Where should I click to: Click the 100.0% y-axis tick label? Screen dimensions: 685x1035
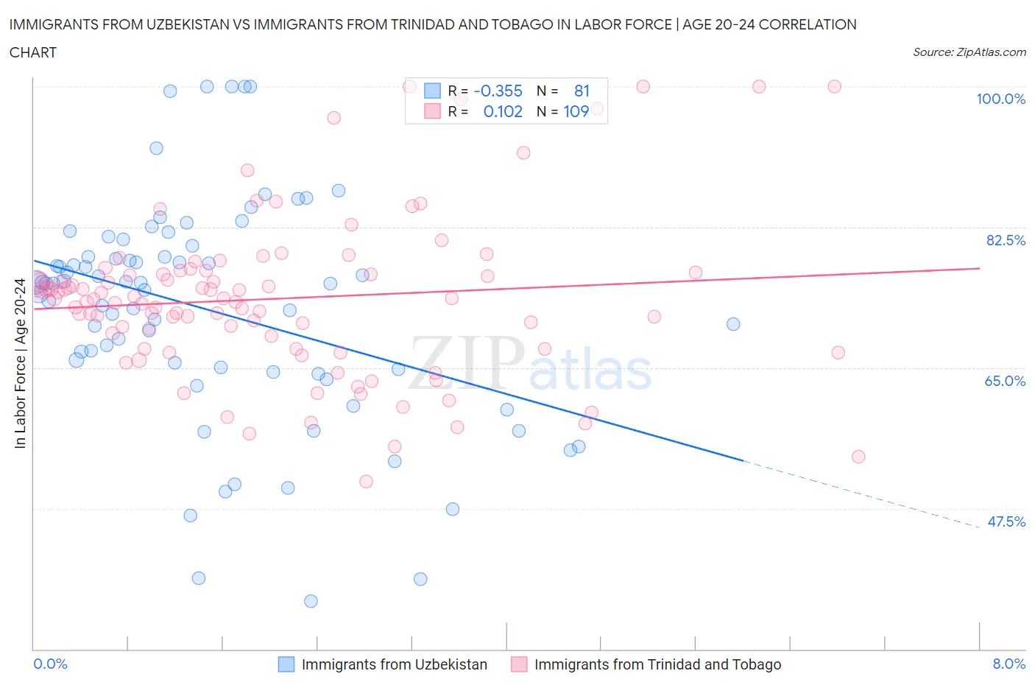1000,99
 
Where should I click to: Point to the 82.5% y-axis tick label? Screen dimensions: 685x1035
1006,240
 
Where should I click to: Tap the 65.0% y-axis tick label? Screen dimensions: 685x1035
1005,381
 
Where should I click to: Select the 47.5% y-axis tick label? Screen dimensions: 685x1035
1006,521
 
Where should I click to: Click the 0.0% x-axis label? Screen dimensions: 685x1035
50,664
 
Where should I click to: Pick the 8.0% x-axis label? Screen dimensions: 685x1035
1008,664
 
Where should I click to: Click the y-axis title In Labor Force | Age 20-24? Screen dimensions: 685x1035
20,363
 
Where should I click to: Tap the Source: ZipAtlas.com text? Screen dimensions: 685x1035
969,52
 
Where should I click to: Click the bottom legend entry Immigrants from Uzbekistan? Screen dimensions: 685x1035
394,664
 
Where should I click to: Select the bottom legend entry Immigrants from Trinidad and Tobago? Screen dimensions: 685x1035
657,664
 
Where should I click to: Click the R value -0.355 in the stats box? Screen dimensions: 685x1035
498,91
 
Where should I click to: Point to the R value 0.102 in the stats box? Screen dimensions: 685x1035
503,111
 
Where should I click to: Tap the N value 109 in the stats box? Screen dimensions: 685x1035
576,111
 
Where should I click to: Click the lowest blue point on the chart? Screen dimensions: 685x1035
311,601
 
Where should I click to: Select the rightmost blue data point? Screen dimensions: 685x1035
732,324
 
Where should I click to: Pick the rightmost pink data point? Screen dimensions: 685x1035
858,457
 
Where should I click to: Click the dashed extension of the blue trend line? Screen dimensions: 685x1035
861,493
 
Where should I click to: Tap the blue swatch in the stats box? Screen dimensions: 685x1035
432,91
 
